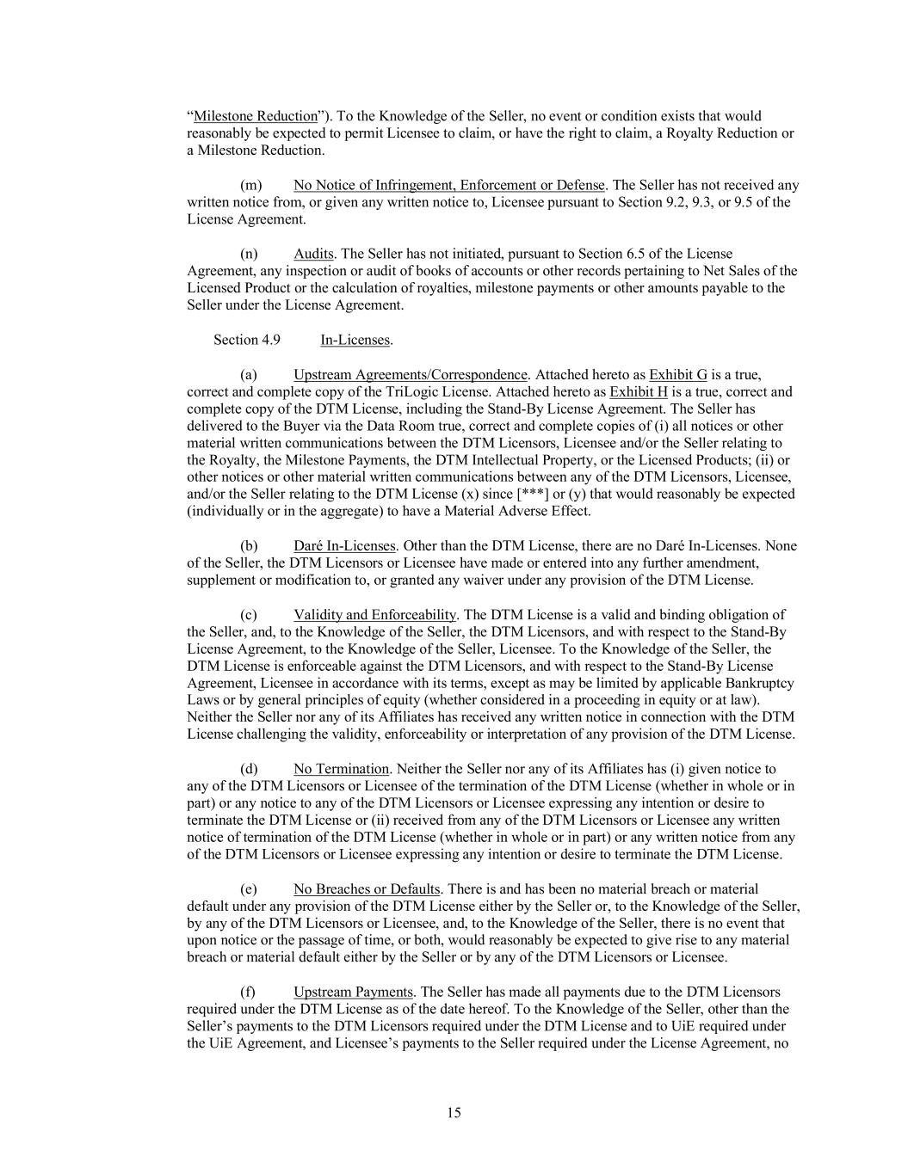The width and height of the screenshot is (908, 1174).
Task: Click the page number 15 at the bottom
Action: pos(454,1113)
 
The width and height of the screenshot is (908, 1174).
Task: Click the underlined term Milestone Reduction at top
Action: pos(256,116)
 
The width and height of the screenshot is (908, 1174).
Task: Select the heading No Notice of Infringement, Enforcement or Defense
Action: pos(448,185)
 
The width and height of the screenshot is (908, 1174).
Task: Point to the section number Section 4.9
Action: pos(246,340)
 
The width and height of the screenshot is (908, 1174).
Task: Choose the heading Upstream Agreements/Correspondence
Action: pos(410,374)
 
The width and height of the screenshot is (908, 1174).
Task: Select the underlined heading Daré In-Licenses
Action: pos(344,545)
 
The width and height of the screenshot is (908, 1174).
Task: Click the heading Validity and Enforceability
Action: pos(374,614)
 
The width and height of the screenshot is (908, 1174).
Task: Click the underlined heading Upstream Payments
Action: pos(353,992)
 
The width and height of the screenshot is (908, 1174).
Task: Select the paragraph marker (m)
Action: pos(251,185)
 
